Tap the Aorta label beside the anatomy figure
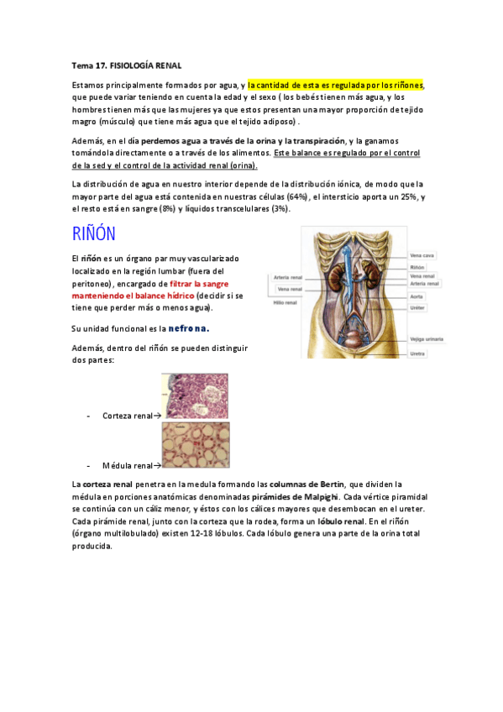pos(417,296)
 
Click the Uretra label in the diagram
pos(417,353)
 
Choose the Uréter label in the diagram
pos(417,307)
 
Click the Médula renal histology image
pos(194,446)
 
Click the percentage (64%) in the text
pos(298,196)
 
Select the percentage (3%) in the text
pos(280,208)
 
